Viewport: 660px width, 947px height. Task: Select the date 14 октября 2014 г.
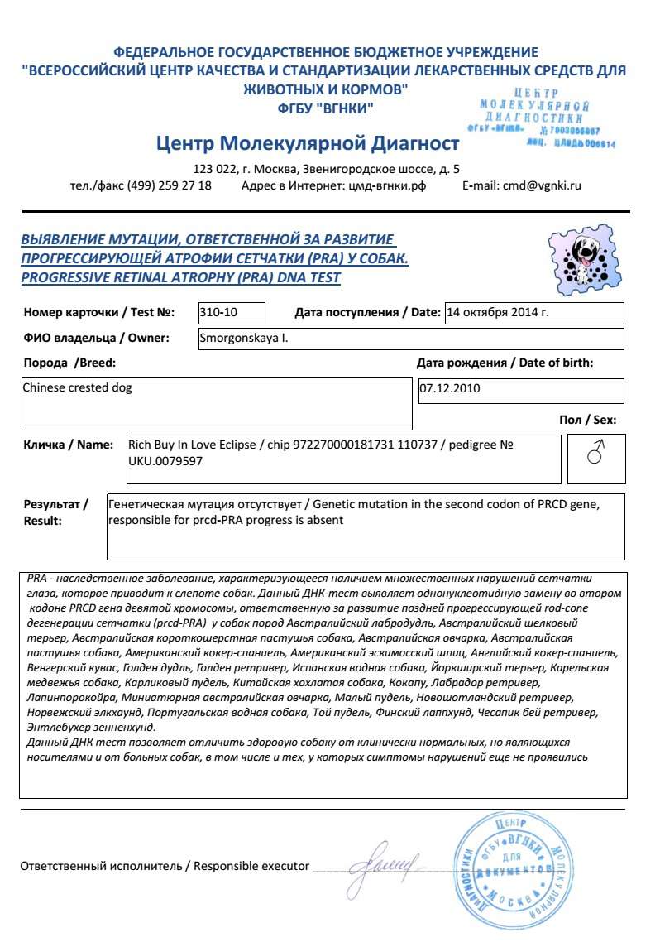click(x=497, y=313)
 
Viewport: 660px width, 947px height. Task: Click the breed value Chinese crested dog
click(x=77, y=387)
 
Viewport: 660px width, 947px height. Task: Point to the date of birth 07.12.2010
click(x=450, y=387)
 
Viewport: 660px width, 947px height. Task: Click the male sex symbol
click(x=595, y=454)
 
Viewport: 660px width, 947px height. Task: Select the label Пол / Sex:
click(x=587, y=421)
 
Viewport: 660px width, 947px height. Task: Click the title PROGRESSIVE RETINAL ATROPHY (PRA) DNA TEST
click(x=180, y=277)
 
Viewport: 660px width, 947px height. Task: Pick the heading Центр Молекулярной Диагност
click(x=307, y=144)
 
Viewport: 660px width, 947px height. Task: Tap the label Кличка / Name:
click(x=68, y=445)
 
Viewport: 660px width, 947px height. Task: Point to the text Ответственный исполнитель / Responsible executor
click(x=165, y=866)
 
